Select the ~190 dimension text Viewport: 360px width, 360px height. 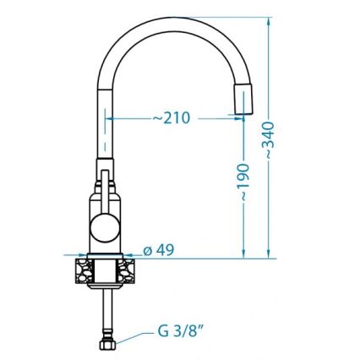point(243,183)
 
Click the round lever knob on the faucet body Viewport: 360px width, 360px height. point(106,225)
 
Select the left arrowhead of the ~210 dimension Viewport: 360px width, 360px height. point(111,118)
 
